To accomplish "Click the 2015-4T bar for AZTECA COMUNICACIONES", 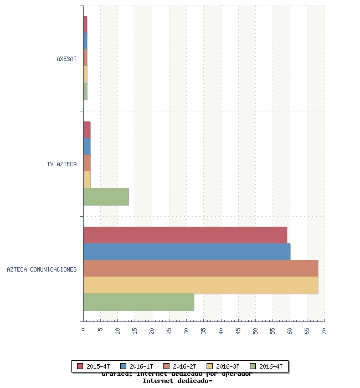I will point(185,235).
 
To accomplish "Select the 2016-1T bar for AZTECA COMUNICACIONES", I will point(187,252).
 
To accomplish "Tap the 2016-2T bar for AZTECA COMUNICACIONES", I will point(200,268).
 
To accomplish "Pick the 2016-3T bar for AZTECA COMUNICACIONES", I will point(200,285).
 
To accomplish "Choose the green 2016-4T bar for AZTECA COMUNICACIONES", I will point(138,302).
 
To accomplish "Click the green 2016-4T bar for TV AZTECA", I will point(106,197).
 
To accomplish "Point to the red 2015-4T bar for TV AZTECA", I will point(87,130).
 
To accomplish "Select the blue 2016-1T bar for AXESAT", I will point(85,42).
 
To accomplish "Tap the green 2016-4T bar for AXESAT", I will point(85,91).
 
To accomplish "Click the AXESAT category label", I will point(66,59).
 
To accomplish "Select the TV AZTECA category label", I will point(61,164).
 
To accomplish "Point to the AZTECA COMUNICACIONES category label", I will point(42,270).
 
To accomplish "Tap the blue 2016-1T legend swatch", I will point(123,366).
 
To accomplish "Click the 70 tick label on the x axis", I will point(324,330).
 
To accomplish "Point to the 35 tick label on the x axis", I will point(203,330).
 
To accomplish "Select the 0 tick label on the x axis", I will point(83,329).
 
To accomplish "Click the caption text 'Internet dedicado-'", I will point(177,381).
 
